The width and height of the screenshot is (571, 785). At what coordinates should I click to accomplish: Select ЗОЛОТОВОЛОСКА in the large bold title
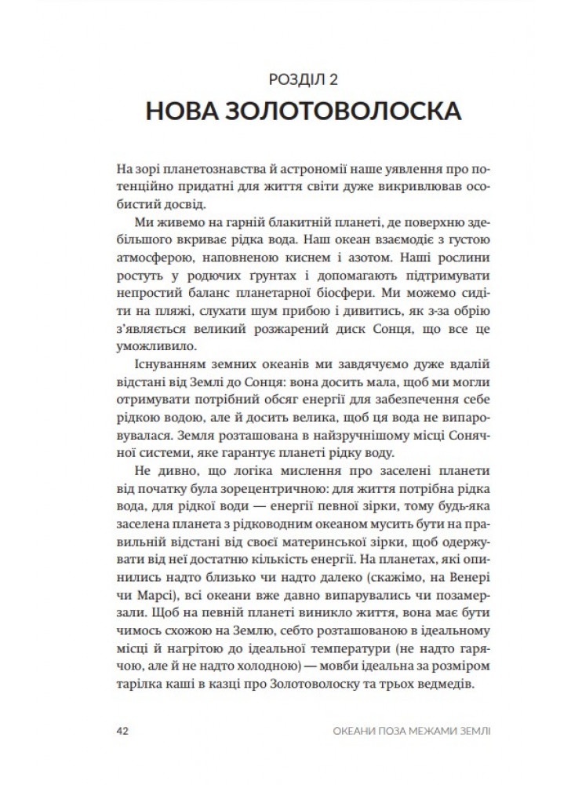pyautogui.click(x=343, y=112)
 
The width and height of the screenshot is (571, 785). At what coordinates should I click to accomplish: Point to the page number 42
pyautogui.click(x=122, y=731)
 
